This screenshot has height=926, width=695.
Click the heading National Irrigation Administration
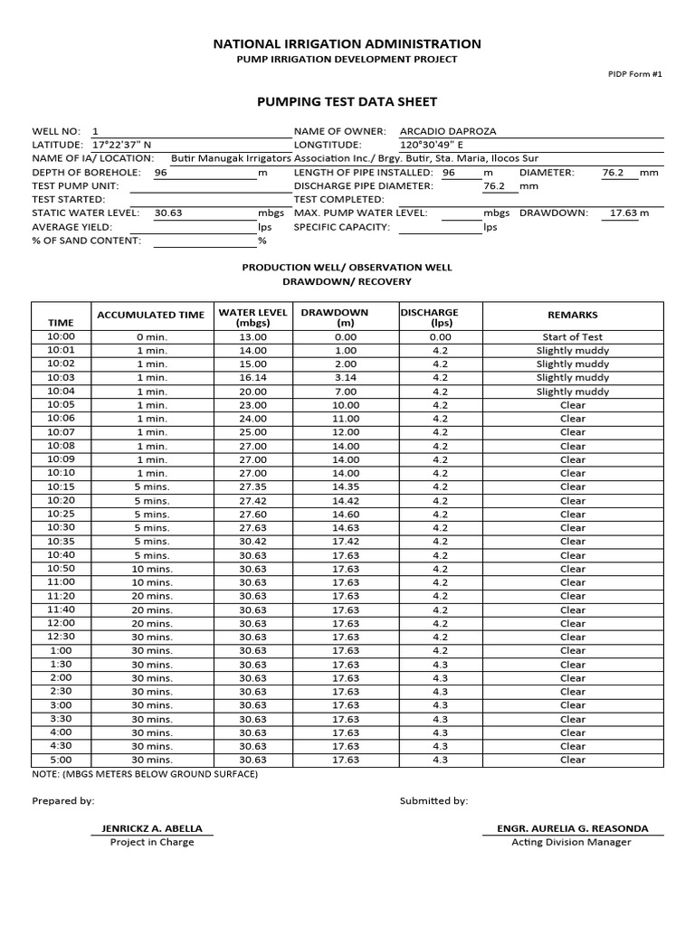pos(347,43)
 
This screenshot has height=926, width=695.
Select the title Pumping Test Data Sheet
pos(347,102)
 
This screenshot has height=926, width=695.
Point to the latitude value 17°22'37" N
pos(122,145)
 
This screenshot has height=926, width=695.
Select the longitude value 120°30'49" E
pos(432,145)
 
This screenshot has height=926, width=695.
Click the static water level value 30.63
pos(168,213)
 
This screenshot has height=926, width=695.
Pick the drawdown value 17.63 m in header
pos(629,213)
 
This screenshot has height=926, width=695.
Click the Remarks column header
pos(572,315)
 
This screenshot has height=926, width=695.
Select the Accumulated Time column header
pos(150,315)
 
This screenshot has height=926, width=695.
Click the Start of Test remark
pos(572,337)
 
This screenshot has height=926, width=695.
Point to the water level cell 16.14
pos(252,378)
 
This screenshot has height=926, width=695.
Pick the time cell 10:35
pos(61,542)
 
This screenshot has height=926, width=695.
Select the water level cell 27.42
pos(252,501)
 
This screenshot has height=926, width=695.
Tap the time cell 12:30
pos(61,637)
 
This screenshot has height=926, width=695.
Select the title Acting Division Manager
pos(571,843)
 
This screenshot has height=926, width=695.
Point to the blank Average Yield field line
pos(205,228)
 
